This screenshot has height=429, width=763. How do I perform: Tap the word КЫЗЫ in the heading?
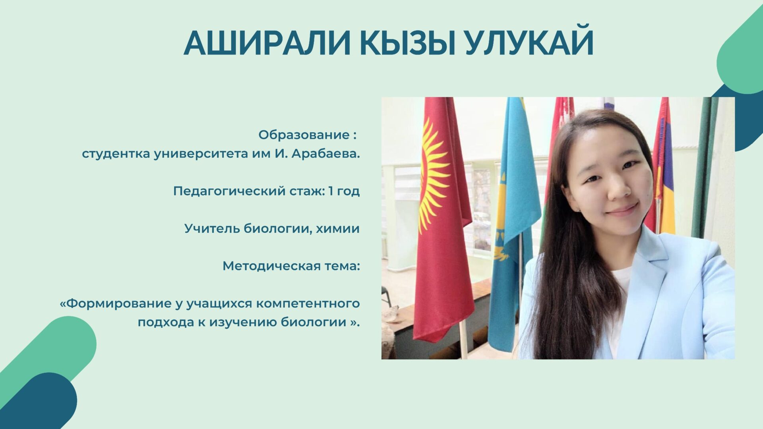407,42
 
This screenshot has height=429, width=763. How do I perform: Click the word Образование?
304,135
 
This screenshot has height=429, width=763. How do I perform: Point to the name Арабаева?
326,154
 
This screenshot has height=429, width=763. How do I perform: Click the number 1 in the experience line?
331,191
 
